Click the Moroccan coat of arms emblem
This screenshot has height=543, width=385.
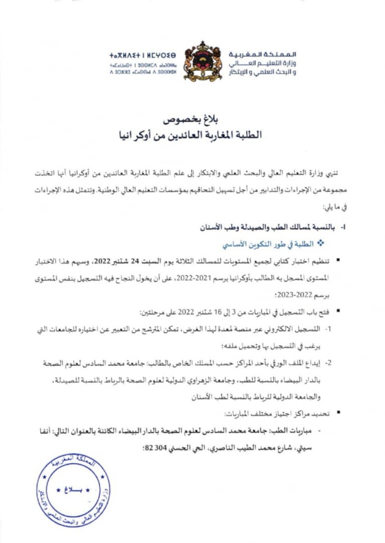[203, 62]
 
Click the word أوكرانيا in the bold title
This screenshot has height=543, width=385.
[133, 135]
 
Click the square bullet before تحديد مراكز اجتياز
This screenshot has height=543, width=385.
[339, 413]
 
